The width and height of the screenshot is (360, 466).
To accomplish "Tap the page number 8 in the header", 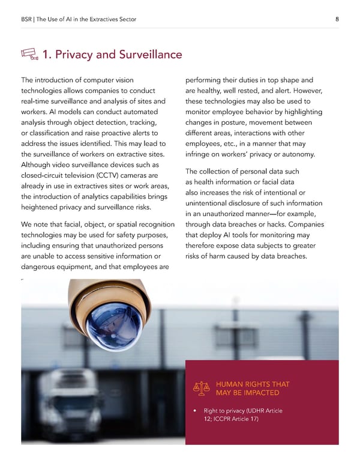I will [337, 19].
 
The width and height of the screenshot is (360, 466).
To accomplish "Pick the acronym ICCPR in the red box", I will [226, 419].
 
